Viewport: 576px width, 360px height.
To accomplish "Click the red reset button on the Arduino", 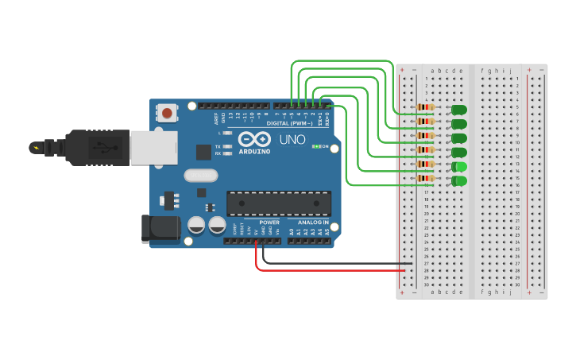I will [x=167, y=114].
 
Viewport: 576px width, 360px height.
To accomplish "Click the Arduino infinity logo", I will [x=254, y=139].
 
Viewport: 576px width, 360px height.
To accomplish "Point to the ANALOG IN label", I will [x=312, y=223].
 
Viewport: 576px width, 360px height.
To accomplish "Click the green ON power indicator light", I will [x=315, y=146].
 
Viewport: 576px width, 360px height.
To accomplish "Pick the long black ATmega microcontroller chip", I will [x=279, y=203].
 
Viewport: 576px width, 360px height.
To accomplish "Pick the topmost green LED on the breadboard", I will [x=459, y=110].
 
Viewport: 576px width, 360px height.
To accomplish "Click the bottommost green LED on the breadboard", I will [x=459, y=181].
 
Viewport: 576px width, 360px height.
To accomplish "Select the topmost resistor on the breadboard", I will [x=426, y=107].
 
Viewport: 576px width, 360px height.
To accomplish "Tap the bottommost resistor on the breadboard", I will [x=426, y=179].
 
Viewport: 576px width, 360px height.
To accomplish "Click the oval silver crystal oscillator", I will [x=200, y=175].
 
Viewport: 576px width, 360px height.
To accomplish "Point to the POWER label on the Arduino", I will [x=269, y=223].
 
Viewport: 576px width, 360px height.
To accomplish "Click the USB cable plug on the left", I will [x=95, y=148].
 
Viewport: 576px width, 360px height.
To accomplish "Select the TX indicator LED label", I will [x=218, y=146].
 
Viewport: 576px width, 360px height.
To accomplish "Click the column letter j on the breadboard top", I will [x=509, y=71].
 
